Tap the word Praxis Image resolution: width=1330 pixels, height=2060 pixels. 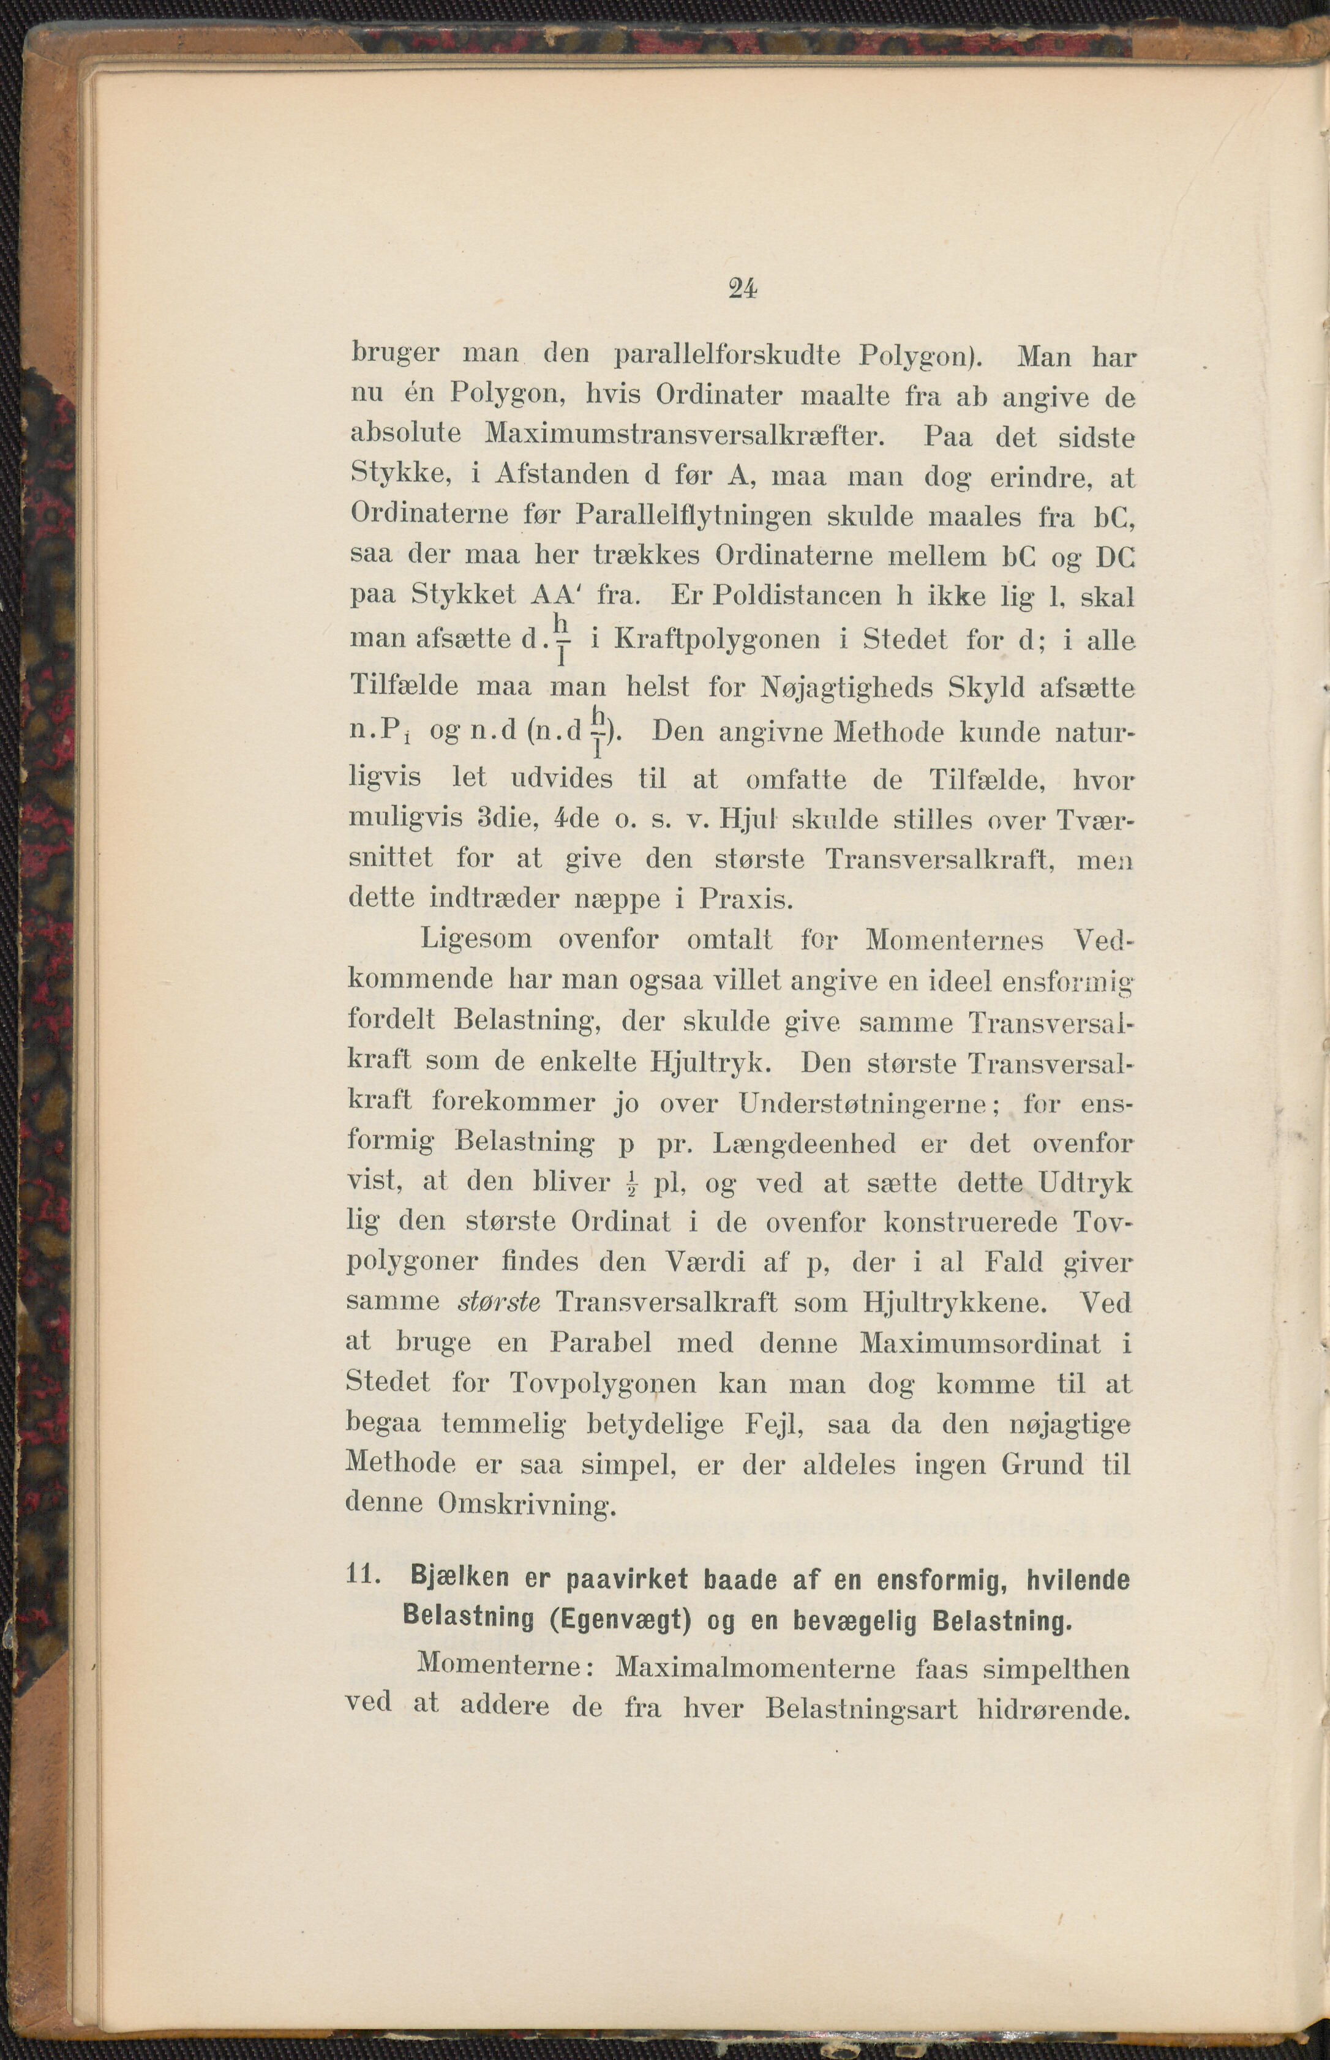pyautogui.click(x=745, y=900)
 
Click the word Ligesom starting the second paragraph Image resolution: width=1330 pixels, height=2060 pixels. pyautogui.click(x=476, y=939)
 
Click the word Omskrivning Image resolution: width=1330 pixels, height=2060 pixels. pyautogui.click(x=526, y=1505)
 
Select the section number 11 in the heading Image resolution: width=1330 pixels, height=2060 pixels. pyautogui.click(x=363, y=1574)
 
